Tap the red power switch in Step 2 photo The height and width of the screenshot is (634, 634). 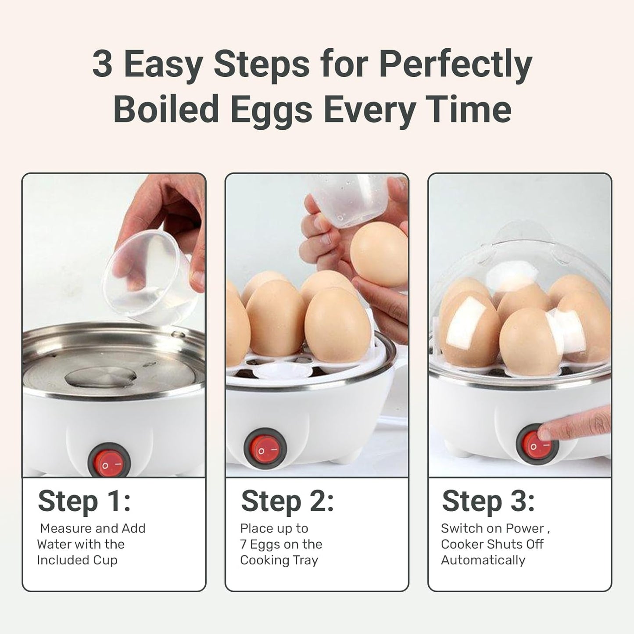[265, 449]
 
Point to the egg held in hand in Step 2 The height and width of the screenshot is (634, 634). [378, 254]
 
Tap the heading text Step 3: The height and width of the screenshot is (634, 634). [488, 501]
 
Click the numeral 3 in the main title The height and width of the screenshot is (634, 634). [102, 63]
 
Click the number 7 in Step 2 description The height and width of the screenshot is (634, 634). [243, 544]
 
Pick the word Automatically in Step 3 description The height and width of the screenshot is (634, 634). [483, 560]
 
